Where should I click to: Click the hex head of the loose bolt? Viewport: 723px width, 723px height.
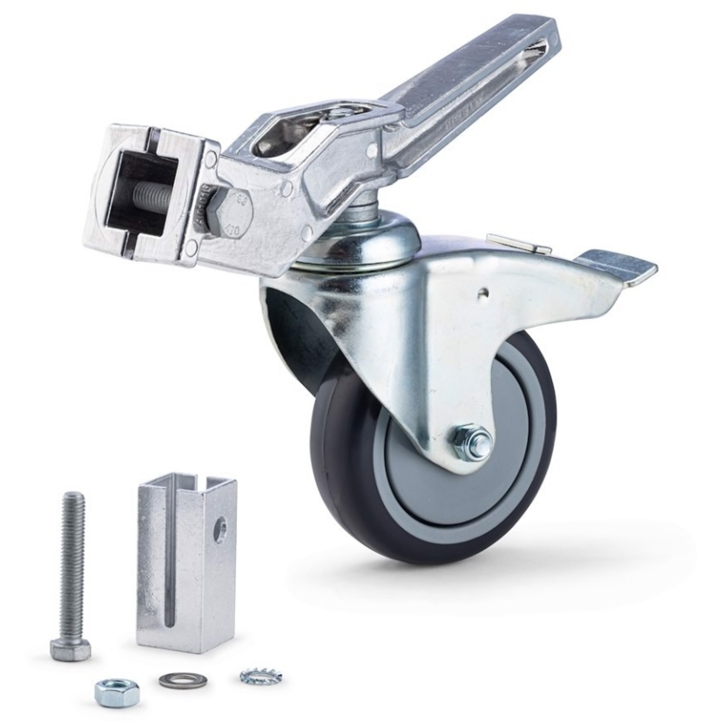70,649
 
